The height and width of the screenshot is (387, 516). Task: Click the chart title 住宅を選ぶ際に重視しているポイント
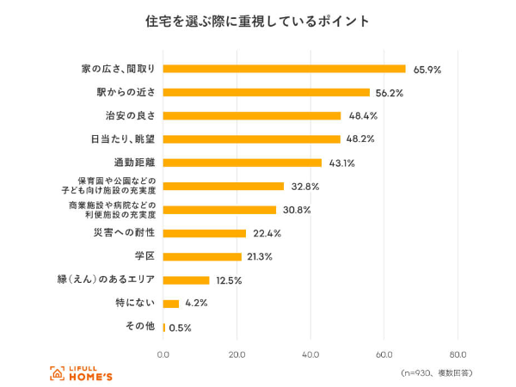pos(257,21)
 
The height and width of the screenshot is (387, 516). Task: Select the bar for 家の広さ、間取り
pos(284,69)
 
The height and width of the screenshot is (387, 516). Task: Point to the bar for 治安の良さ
pos(252,115)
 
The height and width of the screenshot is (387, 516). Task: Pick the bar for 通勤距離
pos(243,163)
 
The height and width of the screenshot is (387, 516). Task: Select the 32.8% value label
pos(305,186)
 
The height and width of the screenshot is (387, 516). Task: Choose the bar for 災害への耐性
pos(205,233)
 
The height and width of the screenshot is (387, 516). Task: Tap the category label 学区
pos(144,256)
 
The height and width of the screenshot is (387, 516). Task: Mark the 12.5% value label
pos(230,280)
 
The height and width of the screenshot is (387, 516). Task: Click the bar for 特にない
pos(171,303)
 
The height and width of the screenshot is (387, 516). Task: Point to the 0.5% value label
pos(180,328)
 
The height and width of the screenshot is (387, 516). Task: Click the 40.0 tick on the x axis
pos(310,353)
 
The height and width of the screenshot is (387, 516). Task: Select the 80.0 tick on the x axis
pos(458,353)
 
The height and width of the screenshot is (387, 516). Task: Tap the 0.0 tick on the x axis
pos(163,353)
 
